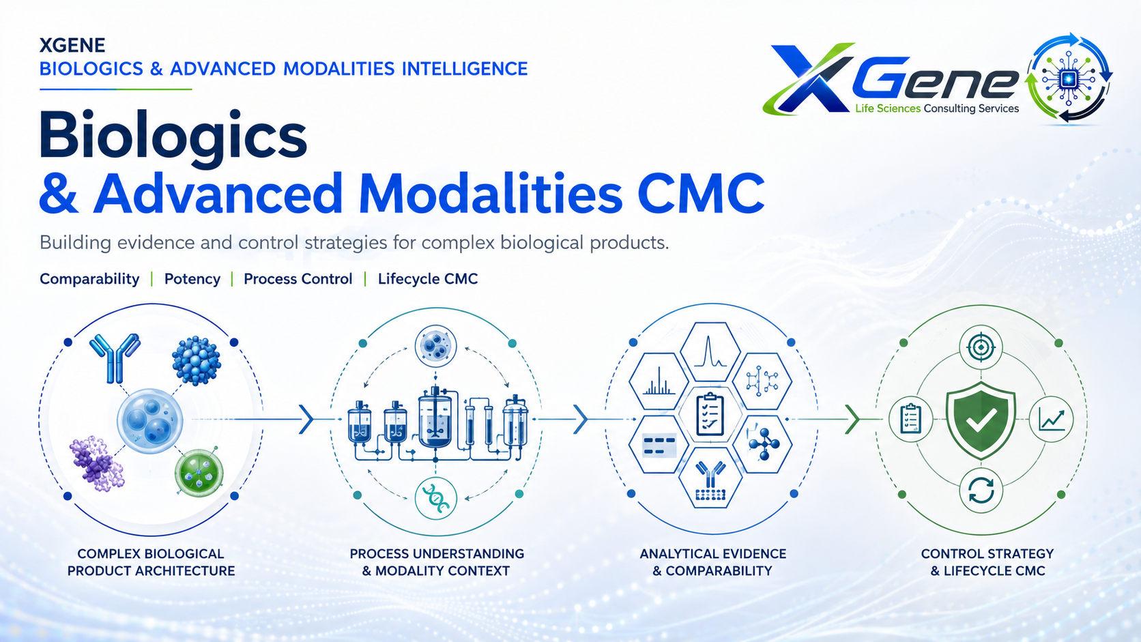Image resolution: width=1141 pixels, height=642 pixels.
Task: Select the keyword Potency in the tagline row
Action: (x=192, y=279)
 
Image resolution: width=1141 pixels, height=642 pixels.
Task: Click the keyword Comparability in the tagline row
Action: (x=89, y=279)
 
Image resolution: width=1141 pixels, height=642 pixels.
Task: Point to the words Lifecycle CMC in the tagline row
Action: (x=428, y=279)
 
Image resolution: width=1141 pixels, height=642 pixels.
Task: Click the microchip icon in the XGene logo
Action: (x=1068, y=79)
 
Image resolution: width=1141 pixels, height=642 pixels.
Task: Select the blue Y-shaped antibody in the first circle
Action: (x=115, y=358)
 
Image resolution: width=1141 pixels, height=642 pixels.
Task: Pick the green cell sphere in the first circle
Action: (x=199, y=473)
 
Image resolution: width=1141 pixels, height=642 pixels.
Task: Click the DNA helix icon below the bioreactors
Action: (x=435, y=499)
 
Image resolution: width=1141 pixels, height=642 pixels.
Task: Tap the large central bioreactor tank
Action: (x=435, y=418)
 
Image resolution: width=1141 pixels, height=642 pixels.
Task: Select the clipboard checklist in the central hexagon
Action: (x=710, y=414)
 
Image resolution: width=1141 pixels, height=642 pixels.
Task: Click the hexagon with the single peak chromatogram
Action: (x=710, y=351)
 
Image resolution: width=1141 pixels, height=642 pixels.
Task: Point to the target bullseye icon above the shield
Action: (x=981, y=348)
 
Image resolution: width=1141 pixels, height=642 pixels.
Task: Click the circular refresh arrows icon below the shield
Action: (x=981, y=491)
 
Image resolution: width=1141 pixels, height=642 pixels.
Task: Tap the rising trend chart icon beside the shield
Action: (x=1052, y=420)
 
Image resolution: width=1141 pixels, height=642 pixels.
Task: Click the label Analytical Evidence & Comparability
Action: (x=712, y=562)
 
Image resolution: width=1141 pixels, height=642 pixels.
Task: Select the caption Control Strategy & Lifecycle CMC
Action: (x=987, y=562)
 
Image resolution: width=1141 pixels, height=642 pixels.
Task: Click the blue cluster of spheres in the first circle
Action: (x=196, y=360)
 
